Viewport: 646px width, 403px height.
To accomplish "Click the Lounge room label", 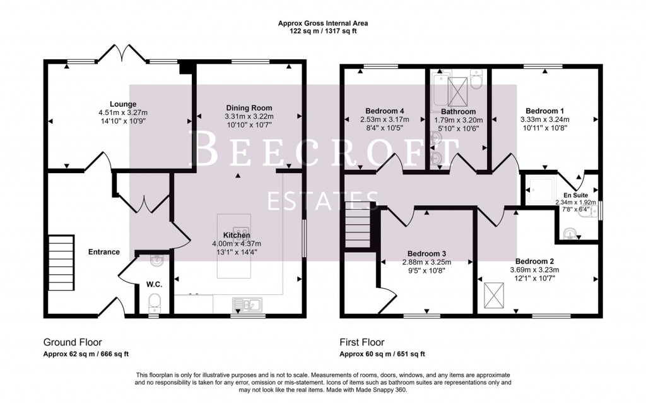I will (x=123, y=104).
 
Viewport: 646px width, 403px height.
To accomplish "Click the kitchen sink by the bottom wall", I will (x=250, y=306).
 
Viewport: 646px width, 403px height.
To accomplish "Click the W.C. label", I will (x=154, y=285).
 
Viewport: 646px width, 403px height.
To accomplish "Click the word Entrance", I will (x=104, y=252).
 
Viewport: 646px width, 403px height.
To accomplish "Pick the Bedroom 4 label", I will (x=381, y=111).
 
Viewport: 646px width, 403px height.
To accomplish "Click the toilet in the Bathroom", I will (x=476, y=79).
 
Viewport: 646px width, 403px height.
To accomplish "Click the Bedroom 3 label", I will (x=426, y=253).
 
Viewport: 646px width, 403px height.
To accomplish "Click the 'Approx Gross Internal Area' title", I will (x=323, y=23).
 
